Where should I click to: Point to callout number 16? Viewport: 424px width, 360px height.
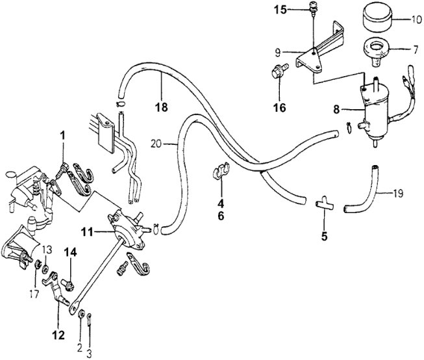[x=279, y=107]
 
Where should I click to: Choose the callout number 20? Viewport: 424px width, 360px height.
[x=155, y=142]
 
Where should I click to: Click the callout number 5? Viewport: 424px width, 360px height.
[x=324, y=237]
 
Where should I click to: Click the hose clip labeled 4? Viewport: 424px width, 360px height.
[x=219, y=172]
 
